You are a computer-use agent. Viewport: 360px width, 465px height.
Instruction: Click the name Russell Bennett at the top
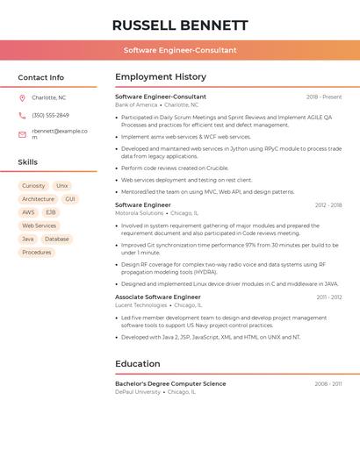point(180,25)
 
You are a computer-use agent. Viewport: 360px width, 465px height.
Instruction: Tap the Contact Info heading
point(40,77)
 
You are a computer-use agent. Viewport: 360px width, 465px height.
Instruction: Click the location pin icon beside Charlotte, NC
point(22,97)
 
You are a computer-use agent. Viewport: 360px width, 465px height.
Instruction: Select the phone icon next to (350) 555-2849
point(22,115)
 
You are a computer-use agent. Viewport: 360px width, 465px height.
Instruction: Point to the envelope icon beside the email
point(22,134)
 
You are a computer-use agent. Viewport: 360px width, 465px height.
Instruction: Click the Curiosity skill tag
point(33,186)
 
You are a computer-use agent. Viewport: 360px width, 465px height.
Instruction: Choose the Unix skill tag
point(62,186)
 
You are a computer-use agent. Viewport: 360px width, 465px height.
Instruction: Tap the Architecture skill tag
point(38,199)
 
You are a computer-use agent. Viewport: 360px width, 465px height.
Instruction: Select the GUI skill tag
point(70,199)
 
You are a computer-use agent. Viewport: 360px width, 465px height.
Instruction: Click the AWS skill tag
point(29,212)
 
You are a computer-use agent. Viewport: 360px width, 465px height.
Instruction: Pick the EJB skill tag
point(51,212)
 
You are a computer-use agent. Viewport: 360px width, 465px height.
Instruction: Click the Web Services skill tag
point(39,225)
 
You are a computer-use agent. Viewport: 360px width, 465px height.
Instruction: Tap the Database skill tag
point(57,239)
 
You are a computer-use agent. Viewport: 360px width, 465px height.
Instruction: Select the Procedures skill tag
point(37,252)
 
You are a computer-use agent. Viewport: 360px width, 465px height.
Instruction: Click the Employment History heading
point(161,77)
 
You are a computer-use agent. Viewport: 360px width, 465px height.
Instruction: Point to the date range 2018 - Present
point(324,97)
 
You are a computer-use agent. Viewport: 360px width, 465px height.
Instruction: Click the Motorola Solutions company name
point(139,213)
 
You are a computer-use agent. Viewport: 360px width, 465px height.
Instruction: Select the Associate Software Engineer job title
point(158,297)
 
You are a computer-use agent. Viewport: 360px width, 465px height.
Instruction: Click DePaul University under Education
point(138,392)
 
